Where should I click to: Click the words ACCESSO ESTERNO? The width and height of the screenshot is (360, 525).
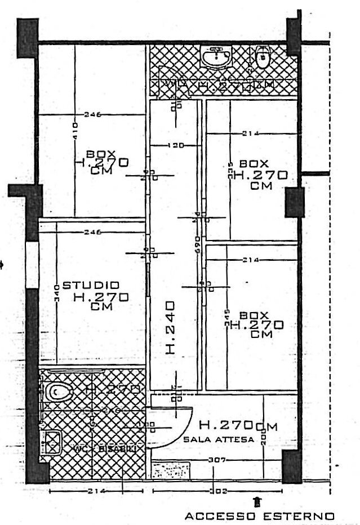click(260, 515)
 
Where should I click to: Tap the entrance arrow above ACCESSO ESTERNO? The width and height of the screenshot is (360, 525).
click(257, 500)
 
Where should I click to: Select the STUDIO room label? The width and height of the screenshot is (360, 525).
click(91, 286)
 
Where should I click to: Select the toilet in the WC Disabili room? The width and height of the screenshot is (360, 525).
click(56, 391)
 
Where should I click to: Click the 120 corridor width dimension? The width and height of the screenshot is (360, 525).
click(176, 146)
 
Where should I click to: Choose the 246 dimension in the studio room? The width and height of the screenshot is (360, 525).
click(92, 232)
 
